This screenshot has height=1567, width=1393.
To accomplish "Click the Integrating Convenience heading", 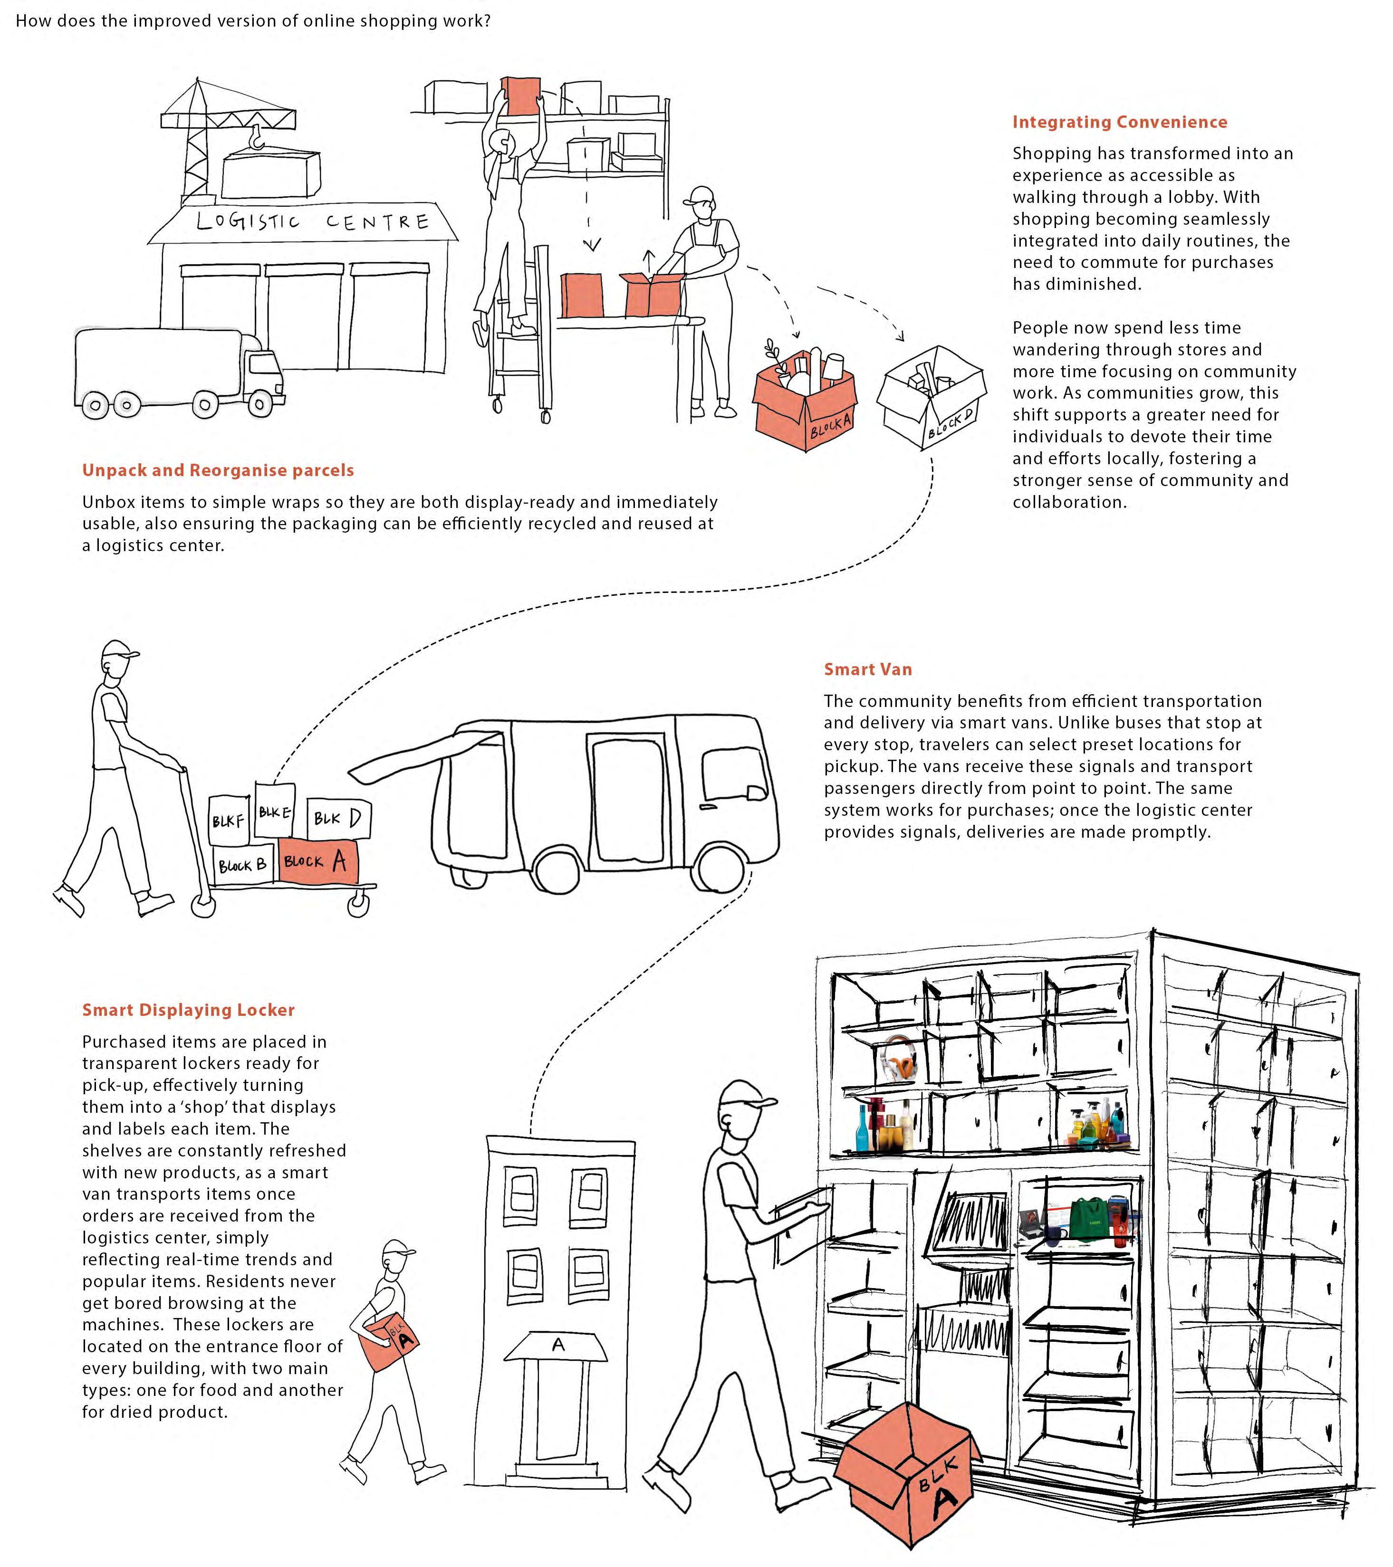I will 1119,122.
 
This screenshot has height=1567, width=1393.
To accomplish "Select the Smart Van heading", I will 868,669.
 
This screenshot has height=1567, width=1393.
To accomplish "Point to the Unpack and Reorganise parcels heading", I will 218,470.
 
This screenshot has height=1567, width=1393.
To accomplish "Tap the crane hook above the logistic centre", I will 257,138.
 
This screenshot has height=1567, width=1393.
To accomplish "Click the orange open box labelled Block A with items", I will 805,406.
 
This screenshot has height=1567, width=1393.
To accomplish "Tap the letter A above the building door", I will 558,1345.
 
